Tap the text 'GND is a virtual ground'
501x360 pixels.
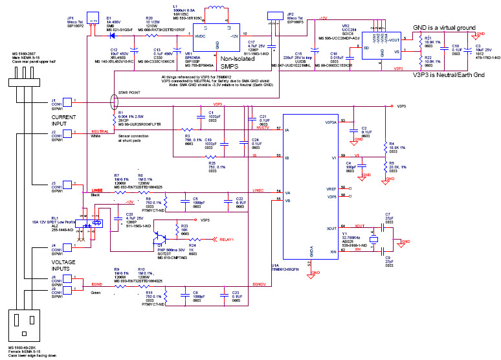tap(444, 28)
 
